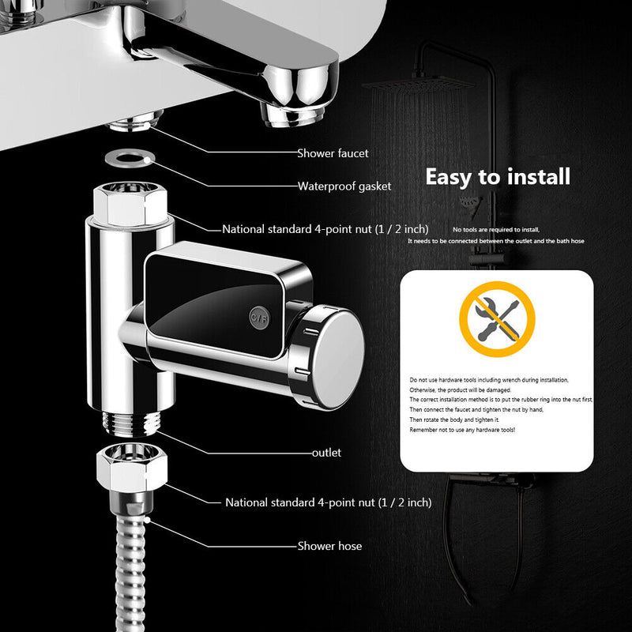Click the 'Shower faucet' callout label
[333, 153]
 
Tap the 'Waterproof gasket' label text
[344, 187]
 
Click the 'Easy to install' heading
[498, 176]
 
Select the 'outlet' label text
[326, 453]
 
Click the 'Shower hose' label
[329, 546]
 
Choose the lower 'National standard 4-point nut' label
[328, 502]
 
